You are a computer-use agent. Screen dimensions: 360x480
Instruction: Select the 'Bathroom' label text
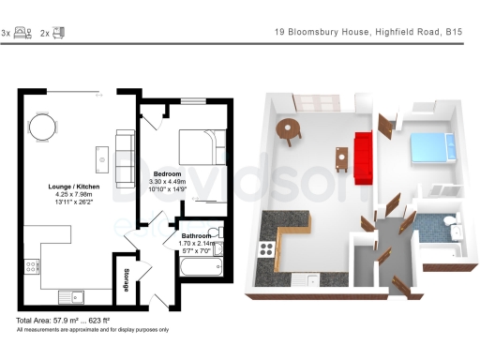click(196, 235)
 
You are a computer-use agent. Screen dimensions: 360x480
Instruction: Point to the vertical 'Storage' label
click(126, 280)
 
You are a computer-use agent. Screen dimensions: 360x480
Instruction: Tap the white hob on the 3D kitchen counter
click(266, 248)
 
